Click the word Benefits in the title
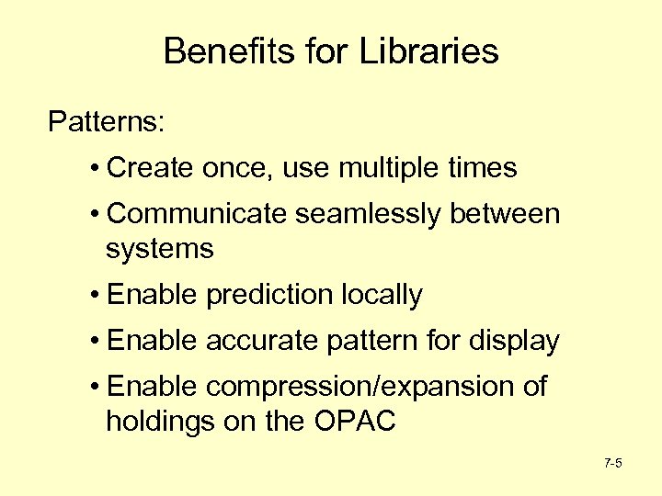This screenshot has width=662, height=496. tap(220, 51)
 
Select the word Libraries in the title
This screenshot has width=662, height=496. tap(432, 51)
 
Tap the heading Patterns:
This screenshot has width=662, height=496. tap(107, 121)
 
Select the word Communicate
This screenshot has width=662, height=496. tap(198, 214)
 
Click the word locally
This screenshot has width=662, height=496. tap(382, 296)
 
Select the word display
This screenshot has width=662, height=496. tap(514, 342)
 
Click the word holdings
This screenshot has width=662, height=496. tap(160, 423)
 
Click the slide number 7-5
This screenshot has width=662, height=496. tap(613, 463)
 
